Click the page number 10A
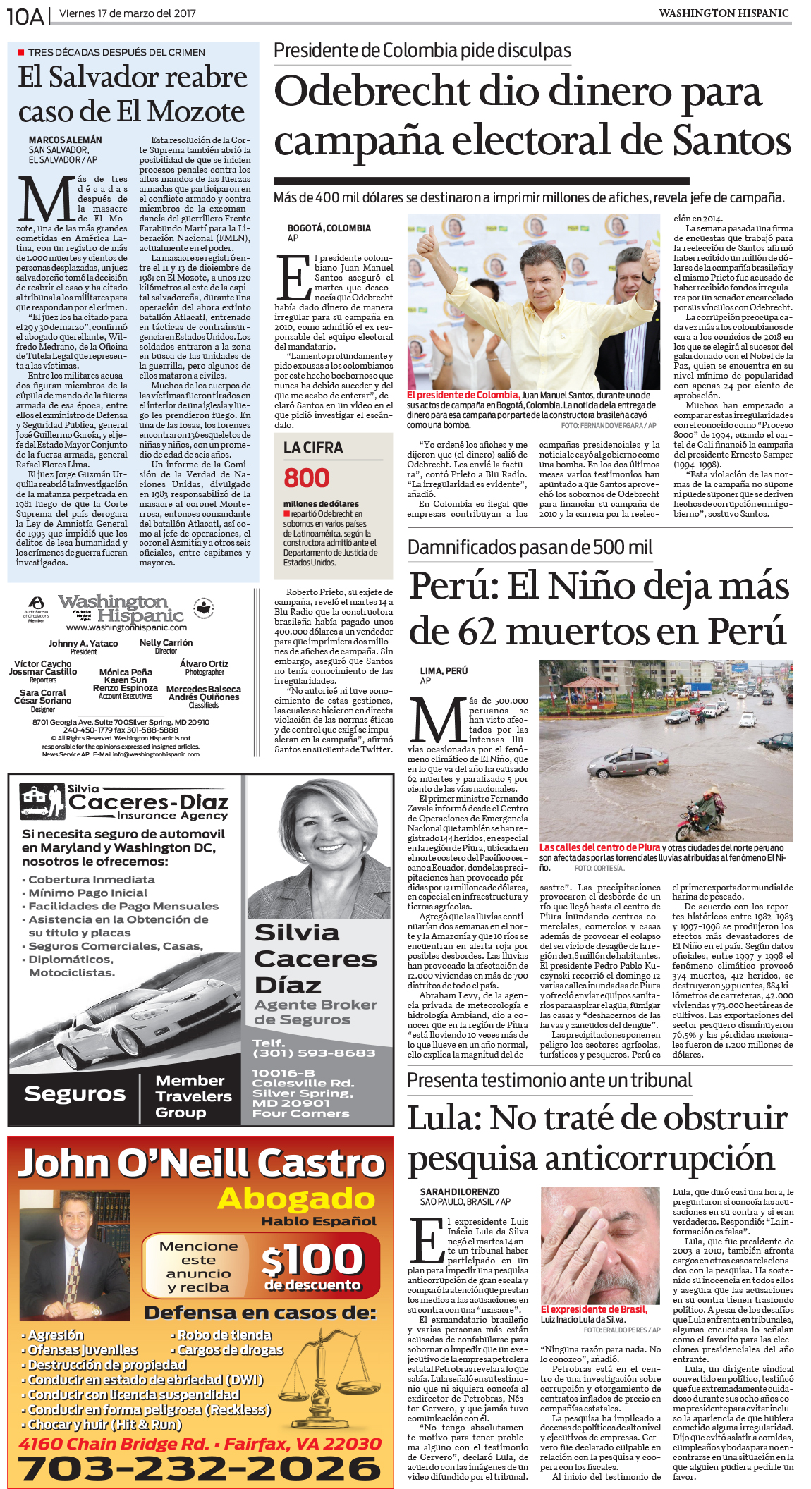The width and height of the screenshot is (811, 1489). point(25,16)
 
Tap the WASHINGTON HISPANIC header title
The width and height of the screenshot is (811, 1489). point(724,13)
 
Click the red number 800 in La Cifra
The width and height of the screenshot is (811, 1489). point(306,478)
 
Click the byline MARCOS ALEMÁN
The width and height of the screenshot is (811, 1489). point(65,140)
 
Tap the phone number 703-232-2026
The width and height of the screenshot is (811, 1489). point(200,1467)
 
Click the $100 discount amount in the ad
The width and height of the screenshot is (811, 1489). point(312,1260)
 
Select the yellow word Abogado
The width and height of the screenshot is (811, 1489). point(296,1199)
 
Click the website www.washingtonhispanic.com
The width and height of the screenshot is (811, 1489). point(126,627)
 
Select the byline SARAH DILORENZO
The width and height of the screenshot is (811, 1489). point(460,1191)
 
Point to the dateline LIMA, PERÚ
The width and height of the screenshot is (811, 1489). point(444,670)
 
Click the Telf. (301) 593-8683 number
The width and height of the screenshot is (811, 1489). point(314,1048)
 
